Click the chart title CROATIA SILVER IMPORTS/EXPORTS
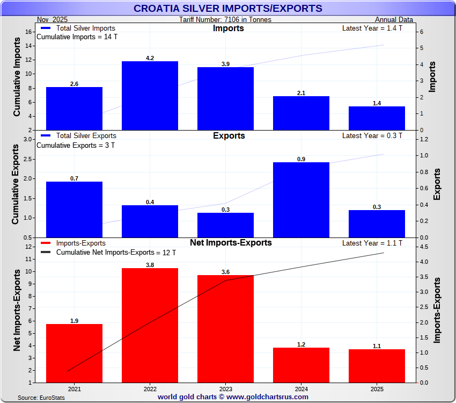[x=227, y=9]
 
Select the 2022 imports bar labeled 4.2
[x=150, y=96]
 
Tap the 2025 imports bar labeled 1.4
[x=377, y=118]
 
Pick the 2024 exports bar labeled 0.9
[x=301, y=199]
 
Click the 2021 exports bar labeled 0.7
[x=74, y=209]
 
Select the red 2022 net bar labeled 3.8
[x=150, y=325]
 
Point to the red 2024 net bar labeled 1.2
[x=301, y=365]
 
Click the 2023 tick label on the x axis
[x=225, y=388]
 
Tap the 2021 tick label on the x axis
[x=74, y=388]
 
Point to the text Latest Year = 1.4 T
[x=372, y=28]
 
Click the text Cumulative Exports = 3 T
[x=76, y=145]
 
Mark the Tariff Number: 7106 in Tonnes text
[x=225, y=20]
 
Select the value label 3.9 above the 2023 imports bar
[x=225, y=64]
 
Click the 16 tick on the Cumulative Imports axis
[x=31, y=32]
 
